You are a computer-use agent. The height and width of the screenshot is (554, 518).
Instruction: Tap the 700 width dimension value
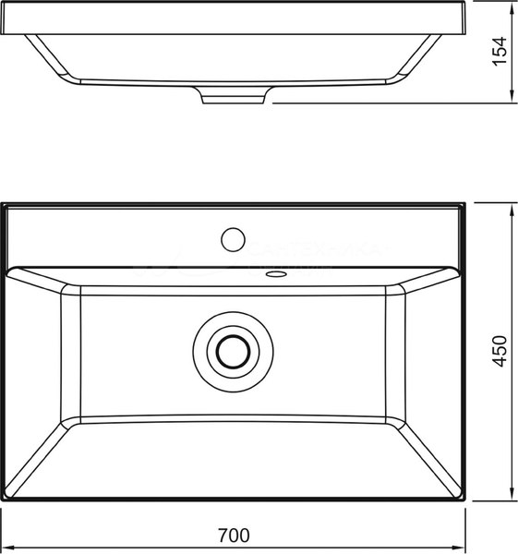click(x=234, y=535)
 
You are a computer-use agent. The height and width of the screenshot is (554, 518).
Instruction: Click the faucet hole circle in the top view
click(x=232, y=239)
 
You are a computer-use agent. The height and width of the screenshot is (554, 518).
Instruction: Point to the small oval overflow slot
click(x=275, y=274)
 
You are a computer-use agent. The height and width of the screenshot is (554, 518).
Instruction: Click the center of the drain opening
click(x=232, y=351)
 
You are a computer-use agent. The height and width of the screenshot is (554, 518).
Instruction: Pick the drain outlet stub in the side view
click(x=235, y=95)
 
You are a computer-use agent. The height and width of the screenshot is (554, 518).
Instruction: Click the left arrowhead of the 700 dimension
click(x=6, y=547)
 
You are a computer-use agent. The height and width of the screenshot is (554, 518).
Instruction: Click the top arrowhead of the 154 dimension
click(x=512, y=6)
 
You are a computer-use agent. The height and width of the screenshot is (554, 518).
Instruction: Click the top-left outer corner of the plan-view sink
click(x=3, y=204)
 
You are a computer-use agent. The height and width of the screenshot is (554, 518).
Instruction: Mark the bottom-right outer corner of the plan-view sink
click(x=464, y=502)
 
